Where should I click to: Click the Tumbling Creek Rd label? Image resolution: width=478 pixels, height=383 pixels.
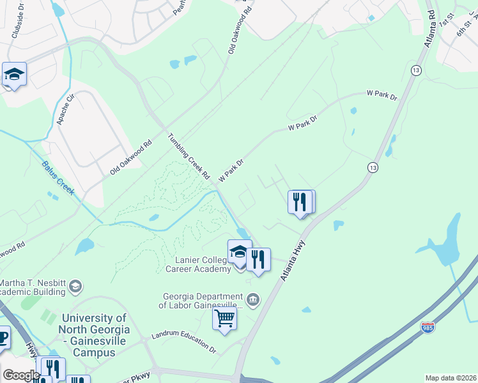point(189,156)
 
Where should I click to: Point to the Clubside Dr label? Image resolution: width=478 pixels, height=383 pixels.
point(17,26)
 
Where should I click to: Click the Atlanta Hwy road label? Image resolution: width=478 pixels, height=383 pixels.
point(292,261)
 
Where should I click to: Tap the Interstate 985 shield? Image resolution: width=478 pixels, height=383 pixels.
point(428,327)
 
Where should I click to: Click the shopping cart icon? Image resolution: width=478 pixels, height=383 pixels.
point(224,318)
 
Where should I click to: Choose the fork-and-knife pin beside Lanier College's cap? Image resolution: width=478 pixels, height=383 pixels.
point(258,260)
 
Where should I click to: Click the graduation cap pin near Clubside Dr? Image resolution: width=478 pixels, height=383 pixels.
point(14,75)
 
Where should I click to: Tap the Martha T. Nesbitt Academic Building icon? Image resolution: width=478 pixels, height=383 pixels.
point(76,285)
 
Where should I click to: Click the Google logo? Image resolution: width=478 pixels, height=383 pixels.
point(21,375)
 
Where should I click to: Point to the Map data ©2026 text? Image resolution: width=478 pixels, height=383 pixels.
point(450,378)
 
